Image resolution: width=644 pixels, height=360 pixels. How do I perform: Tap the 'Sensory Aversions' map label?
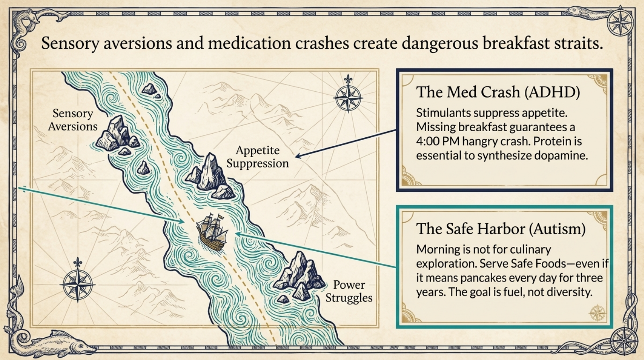pos(73,120)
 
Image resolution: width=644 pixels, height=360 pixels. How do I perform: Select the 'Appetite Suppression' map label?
pos(258,157)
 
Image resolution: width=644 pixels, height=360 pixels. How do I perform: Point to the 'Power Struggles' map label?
pos(349,291)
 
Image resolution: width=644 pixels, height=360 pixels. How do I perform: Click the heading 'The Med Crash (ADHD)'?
pos(498,92)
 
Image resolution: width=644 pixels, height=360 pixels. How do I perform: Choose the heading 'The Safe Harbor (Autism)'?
pos(501,229)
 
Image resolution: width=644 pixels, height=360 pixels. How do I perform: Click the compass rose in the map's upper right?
pos(348,97)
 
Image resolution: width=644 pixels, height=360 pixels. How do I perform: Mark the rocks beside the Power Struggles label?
pos(299,276)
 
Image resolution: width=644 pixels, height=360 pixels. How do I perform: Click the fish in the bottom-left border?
pos(60,343)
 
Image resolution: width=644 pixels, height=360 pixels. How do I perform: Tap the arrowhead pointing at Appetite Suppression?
pos(298,156)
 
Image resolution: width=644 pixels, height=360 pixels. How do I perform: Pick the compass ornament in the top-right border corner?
pos(620,22)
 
